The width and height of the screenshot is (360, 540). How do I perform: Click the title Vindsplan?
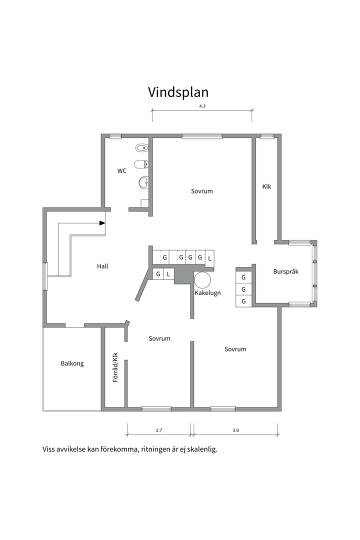coord(178,92)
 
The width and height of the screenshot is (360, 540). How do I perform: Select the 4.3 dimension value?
coord(202,106)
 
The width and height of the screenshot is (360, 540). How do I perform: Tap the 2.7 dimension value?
coord(158,430)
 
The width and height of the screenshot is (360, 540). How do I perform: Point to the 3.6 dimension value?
coord(235,430)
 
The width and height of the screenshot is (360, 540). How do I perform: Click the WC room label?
coord(121,171)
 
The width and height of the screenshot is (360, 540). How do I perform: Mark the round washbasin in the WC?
coord(143,183)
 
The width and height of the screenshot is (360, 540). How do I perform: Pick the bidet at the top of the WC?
coord(142,148)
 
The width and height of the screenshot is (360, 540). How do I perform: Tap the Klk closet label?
coord(266,186)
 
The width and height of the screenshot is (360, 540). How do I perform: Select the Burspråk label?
coord(285,272)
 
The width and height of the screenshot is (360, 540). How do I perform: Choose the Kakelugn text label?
coord(207,293)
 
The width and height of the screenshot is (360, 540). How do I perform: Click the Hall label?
coord(102,266)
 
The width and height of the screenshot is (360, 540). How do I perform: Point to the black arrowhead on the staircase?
coord(102,223)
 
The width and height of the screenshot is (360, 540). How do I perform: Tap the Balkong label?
coord(72,363)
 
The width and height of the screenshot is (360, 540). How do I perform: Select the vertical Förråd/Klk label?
coord(115,367)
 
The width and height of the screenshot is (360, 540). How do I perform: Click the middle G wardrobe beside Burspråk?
coord(243,289)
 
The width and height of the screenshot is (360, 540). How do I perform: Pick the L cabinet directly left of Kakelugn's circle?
coord(168,274)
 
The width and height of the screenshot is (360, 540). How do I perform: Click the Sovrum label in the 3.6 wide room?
coord(235,349)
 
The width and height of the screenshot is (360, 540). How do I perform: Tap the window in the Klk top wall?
coord(267,136)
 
